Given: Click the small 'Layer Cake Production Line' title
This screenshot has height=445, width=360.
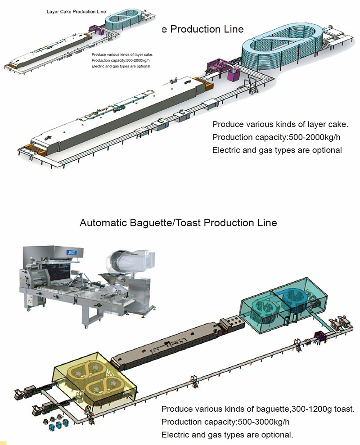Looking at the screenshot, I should (x=76, y=10).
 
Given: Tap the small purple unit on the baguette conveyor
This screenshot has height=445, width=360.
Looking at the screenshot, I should (x=320, y=335).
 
